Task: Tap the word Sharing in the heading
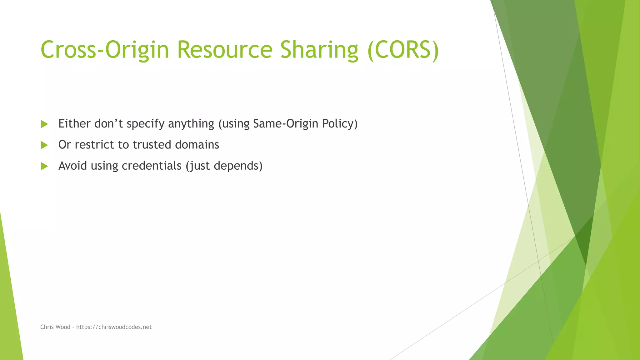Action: point(319,50)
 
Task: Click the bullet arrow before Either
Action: point(44,124)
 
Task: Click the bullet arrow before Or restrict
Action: point(44,145)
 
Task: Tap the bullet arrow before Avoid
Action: point(44,166)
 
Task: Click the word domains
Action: point(197,145)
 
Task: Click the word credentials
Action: point(152,166)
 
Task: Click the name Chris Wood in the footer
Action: point(55,327)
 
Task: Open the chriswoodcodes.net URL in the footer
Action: point(114,327)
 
